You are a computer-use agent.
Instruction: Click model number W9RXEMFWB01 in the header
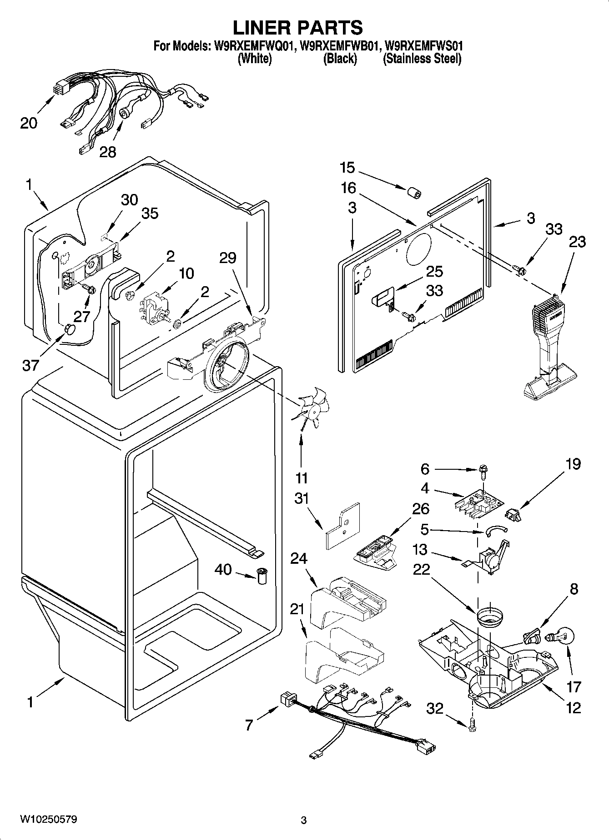340,46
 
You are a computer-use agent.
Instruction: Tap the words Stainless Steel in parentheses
422,59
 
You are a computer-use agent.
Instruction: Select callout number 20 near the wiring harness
29,123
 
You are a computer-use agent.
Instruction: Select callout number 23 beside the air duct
577,242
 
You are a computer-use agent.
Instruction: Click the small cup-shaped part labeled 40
262,576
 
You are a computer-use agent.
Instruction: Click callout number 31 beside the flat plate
301,499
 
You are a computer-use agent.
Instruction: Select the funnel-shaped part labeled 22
490,617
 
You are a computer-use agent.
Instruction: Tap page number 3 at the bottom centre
304,820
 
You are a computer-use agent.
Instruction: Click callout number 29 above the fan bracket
227,258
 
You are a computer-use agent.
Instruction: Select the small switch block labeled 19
513,515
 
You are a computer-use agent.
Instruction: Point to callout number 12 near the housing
574,707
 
